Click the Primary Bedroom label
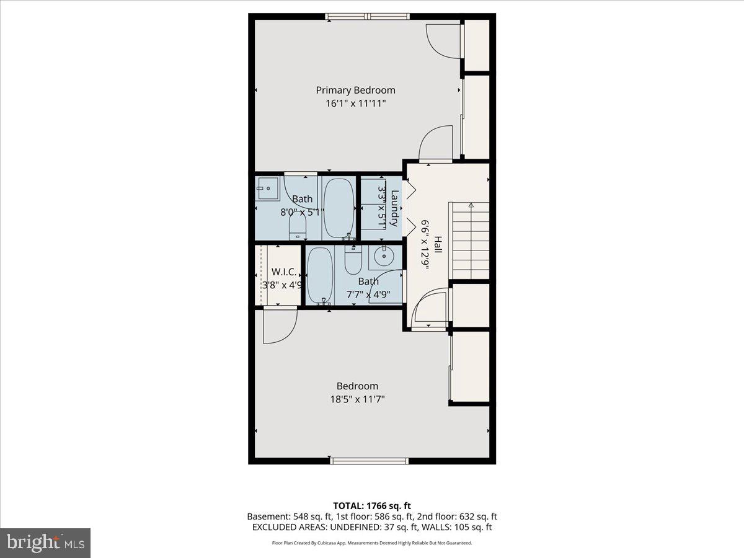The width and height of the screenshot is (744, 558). pyautogui.click(x=355, y=90)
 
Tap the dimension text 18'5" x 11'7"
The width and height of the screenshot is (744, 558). pyautogui.click(x=357, y=400)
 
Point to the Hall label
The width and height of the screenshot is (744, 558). pyautogui.click(x=438, y=244)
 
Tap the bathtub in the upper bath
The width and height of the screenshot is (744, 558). pyautogui.click(x=339, y=207)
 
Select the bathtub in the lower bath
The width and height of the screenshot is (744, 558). pyautogui.click(x=320, y=275)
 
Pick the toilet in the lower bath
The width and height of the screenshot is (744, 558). pyautogui.click(x=353, y=261)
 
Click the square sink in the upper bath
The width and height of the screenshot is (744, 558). pyautogui.click(x=268, y=188)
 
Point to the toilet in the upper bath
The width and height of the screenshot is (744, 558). pyautogui.click(x=298, y=228)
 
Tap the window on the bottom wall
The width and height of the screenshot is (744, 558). pyautogui.click(x=370, y=461)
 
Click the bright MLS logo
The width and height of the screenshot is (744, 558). pyautogui.click(x=45, y=543)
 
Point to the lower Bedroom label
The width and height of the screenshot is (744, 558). pyautogui.click(x=357, y=386)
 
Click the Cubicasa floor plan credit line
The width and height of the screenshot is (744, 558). pyautogui.click(x=372, y=542)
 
